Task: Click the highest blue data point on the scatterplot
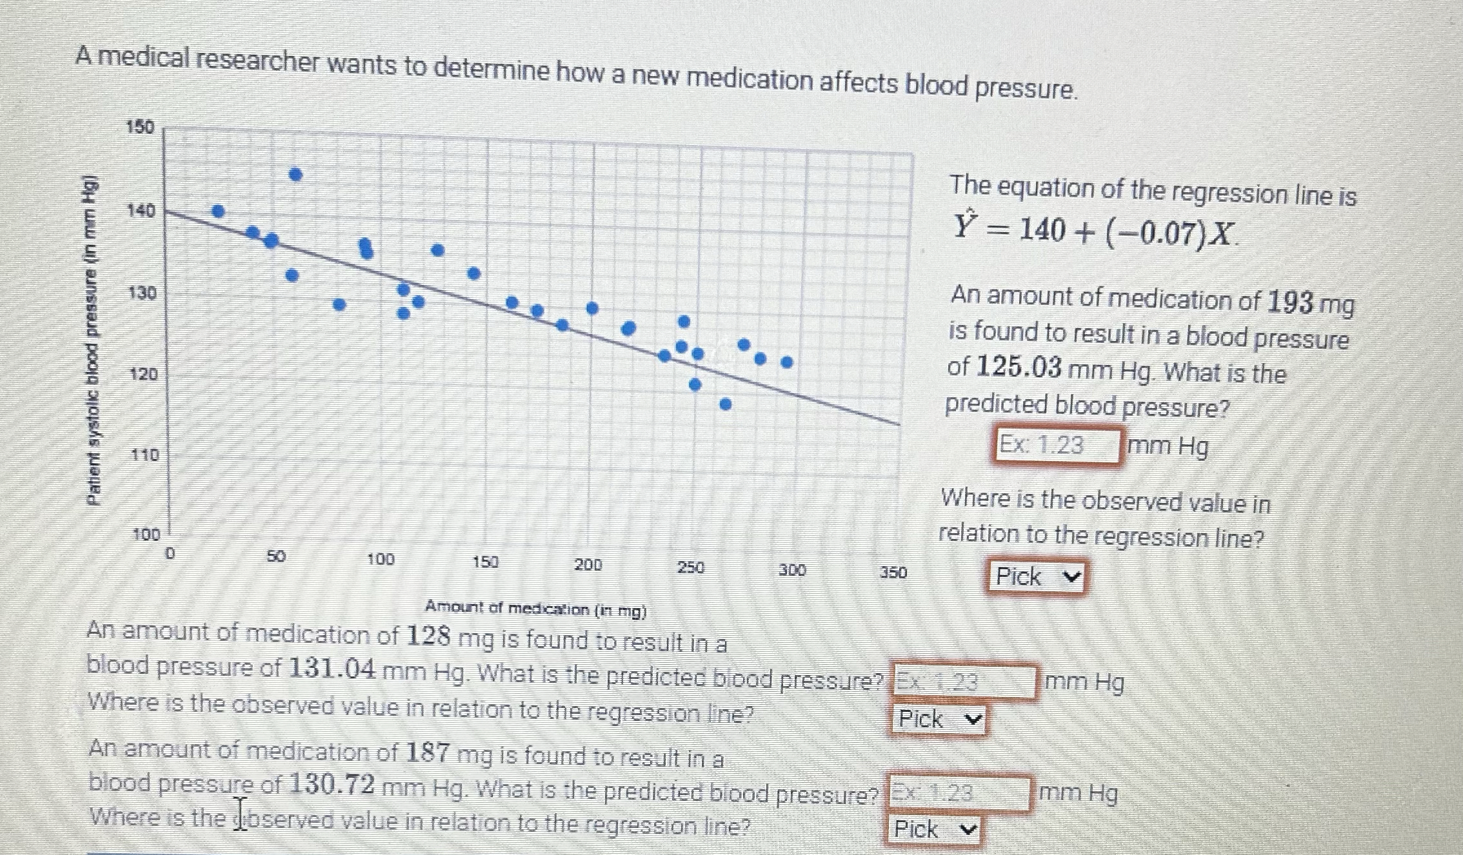(295, 174)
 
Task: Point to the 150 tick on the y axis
(140, 127)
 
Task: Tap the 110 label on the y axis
(144, 455)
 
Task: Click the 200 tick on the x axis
(588, 565)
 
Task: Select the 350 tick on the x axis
(893, 572)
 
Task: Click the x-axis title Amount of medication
(535, 609)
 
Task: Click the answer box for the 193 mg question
(1057, 446)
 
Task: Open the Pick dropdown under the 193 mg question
(1036, 576)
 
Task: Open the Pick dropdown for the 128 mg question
(939, 719)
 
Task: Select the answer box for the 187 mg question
(959, 792)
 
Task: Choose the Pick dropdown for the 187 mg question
(935, 829)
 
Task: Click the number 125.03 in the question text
(1019, 368)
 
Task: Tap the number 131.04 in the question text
(332, 669)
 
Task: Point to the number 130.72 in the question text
(332, 785)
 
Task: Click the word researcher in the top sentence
(258, 62)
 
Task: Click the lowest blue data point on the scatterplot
(726, 404)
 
